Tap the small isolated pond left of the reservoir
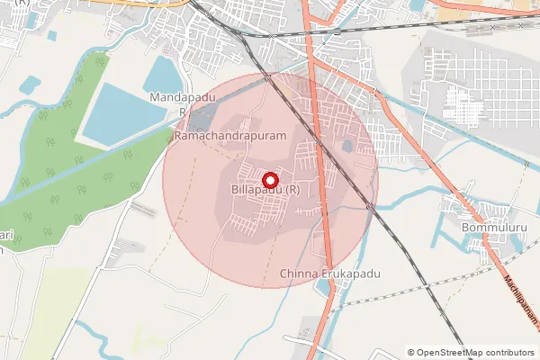[x=31, y=86]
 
